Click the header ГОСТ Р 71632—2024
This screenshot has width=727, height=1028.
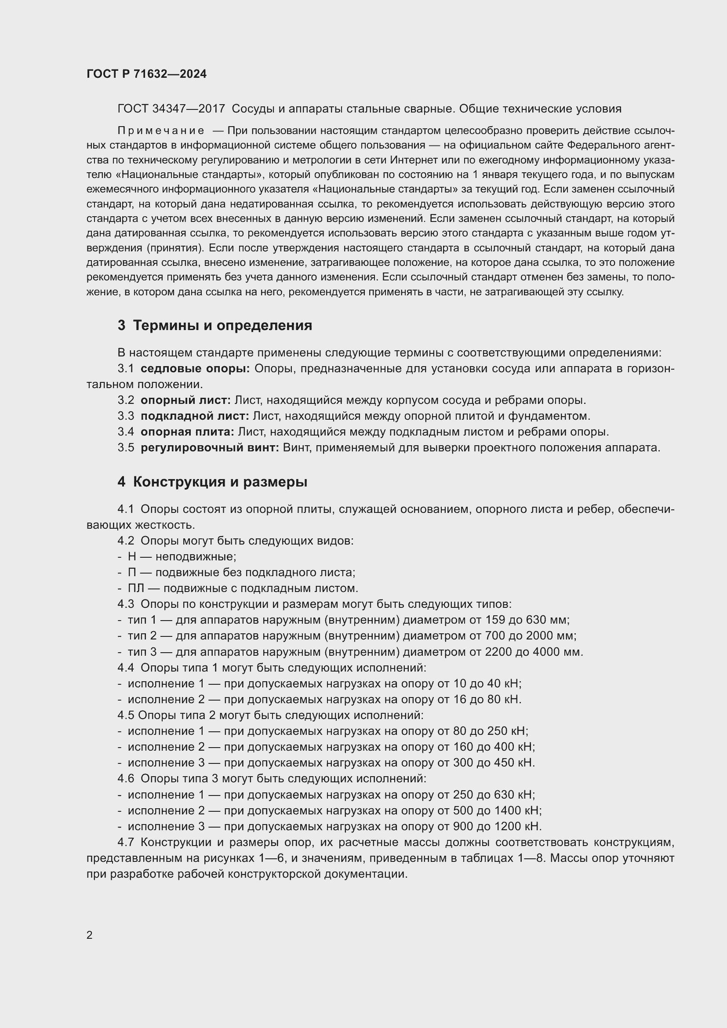tap(146, 74)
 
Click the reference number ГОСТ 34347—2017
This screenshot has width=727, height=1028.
tap(171, 109)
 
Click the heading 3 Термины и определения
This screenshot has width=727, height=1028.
tap(215, 326)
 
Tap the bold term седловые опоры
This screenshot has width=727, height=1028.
tap(195, 369)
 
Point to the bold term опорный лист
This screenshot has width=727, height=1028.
tap(185, 400)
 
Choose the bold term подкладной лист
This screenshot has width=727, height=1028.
tap(194, 416)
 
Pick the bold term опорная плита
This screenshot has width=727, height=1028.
tap(187, 432)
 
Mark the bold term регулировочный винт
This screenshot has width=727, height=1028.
tap(210, 448)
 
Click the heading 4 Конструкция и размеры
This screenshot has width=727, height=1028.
tap(213, 482)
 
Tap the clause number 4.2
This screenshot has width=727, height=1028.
tap(126, 541)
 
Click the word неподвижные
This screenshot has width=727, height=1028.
tap(195, 557)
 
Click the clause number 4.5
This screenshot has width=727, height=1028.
tap(126, 716)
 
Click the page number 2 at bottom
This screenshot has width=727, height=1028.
tap(90, 935)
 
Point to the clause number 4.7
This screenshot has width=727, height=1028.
tap(126, 843)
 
